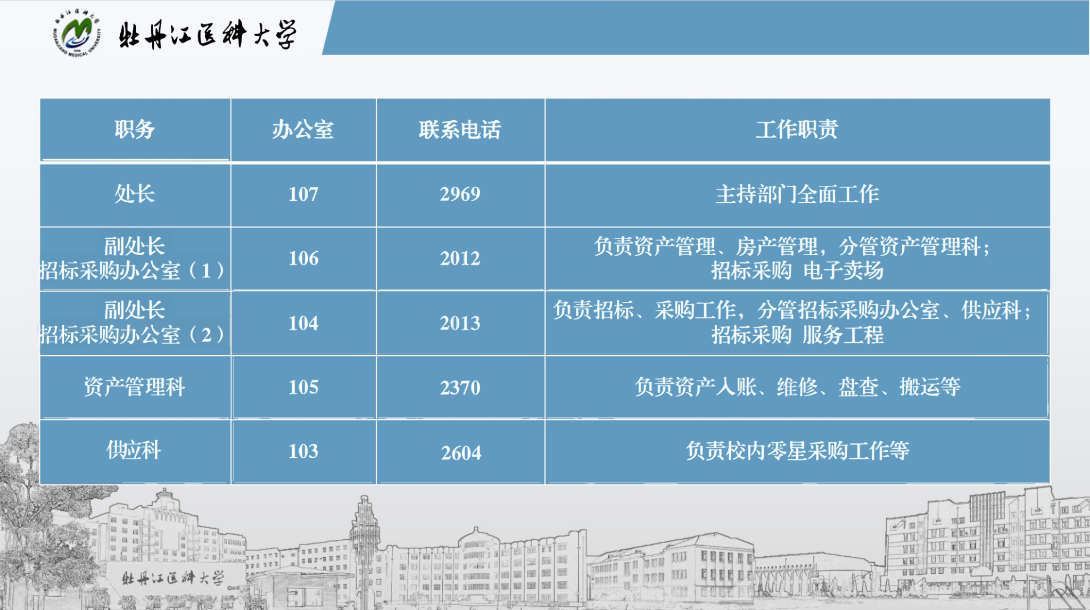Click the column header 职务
[x=135, y=129]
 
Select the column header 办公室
[x=303, y=129]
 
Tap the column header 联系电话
[x=460, y=129]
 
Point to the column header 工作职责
[x=797, y=129]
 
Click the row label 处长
[x=135, y=194]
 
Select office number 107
[x=303, y=194]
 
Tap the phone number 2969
[x=460, y=194]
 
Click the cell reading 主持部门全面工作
[x=797, y=194]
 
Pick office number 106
[x=303, y=259]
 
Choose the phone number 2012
[x=460, y=259]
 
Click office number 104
[x=303, y=323]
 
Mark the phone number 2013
[x=460, y=323]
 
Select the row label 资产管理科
[x=135, y=387]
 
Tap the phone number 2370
[x=460, y=388]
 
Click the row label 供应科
[x=134, y=450]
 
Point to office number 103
[x=303, y=451]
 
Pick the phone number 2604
[x=461, y=453]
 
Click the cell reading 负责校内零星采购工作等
[x=797, y=451]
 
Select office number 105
[x=303, y=388]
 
